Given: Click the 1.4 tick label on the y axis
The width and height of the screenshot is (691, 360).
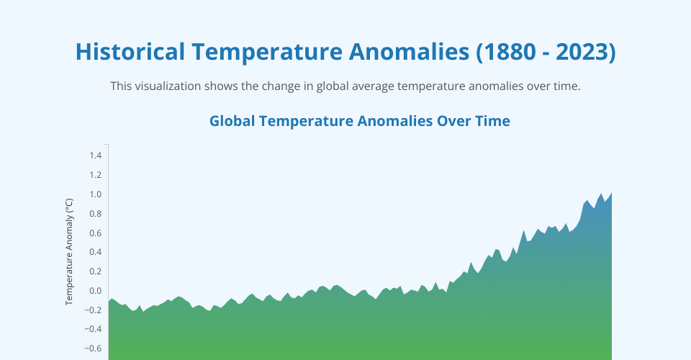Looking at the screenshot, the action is click(96, 156).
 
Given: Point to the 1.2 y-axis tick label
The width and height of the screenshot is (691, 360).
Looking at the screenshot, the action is click(96, 175).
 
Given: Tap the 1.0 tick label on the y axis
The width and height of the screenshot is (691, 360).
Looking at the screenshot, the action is click(96, 194).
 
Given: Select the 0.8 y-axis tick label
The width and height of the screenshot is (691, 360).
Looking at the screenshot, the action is click(96, 214).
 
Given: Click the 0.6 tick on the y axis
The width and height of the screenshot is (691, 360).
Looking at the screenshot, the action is click(96, 233).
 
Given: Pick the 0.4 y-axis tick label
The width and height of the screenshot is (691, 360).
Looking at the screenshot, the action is click(96, 252).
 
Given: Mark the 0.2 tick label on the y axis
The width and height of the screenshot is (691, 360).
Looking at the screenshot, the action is click(96, 271).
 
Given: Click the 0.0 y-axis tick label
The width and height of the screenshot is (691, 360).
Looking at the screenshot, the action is click(96, 291).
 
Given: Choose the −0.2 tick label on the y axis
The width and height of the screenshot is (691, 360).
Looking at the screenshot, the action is click(93, 310).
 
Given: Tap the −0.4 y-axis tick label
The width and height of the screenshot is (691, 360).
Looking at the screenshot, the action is click(93, 329).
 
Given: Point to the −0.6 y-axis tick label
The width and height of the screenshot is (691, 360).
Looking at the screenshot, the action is click(93, 348).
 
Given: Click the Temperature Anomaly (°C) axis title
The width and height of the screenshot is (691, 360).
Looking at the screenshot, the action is click(69, 251).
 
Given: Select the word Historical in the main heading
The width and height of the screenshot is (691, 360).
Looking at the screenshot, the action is click(130, 52).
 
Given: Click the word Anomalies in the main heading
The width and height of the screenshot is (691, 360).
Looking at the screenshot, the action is click(409, 52).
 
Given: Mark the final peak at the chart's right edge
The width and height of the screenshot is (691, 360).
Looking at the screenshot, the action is click(612, 192).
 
